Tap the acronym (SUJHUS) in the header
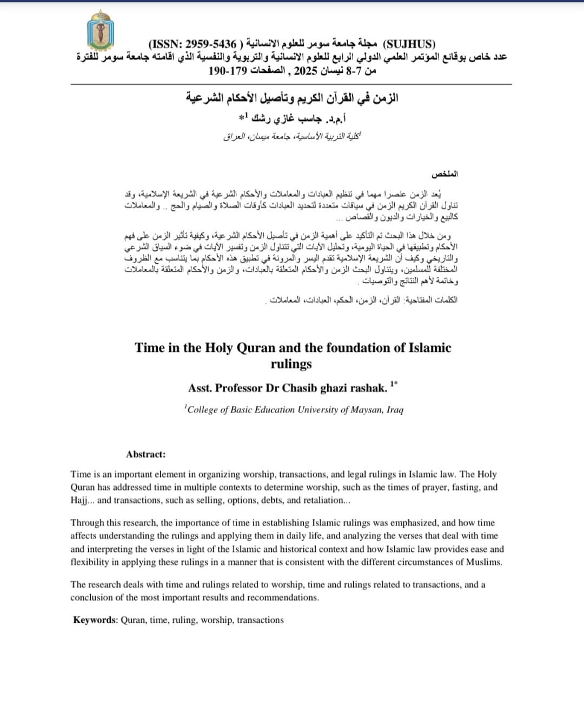point(409,44)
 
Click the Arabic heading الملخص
point(444,175)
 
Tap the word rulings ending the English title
point(291,364)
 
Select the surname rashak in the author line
point(367,388)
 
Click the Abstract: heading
point(146,454)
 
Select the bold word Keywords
point(95,620)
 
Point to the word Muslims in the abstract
point(485,562)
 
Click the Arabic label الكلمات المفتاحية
point(432,300)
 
